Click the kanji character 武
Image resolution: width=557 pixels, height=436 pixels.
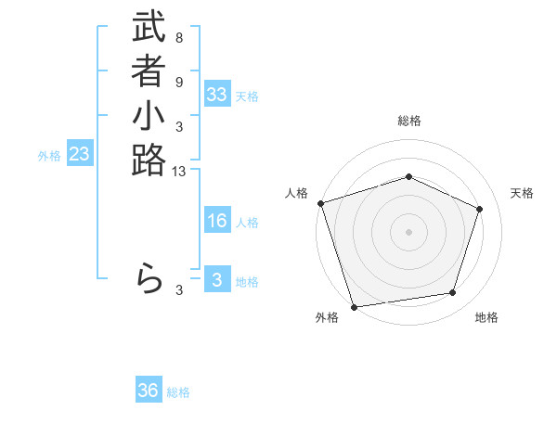click(x=149, y=28)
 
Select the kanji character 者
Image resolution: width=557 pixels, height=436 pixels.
click(x=149, y=72)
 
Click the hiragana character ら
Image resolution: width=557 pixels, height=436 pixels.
click(x=149, y=278)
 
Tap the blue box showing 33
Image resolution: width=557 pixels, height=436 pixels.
click(x=217, y=95)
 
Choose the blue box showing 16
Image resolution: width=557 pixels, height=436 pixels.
click(x=217, y=221)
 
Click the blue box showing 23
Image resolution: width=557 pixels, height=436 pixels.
click(x=80, y=155)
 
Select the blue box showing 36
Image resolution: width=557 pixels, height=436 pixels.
click(x=149, y=391)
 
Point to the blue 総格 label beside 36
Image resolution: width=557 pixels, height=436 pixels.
click(x=178, y=392)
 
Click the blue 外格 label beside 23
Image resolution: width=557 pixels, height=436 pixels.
click(x=49, y=156)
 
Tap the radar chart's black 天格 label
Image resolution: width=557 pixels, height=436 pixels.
click(x=522, y=193)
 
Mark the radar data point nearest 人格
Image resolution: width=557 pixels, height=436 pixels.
click(x=320, y=203)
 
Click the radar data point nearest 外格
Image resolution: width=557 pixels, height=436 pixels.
click(x=354, y=306)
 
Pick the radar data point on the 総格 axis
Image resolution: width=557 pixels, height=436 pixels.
click(x=408, y=176)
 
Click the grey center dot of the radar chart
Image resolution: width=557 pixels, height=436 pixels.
click(x=408, y=232)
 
